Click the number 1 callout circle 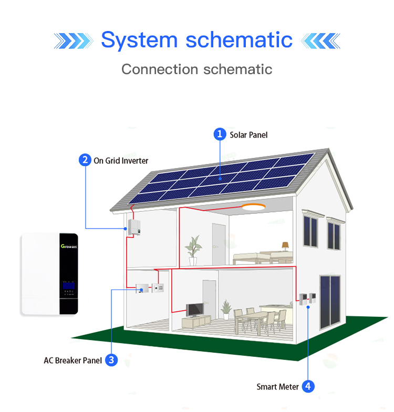point(220,135)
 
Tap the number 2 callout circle point(85,160)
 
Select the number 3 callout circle point(111,360)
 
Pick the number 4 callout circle point(308,386)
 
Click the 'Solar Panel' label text point(248,135)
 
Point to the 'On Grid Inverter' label point(121,161)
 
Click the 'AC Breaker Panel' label point(72,360)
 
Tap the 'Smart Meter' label point(277,387)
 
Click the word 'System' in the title point(139,40)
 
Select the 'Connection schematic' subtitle point(197,69)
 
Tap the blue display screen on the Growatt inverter point(69,285)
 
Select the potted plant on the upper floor point(193,249)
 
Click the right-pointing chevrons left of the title point(73,40)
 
